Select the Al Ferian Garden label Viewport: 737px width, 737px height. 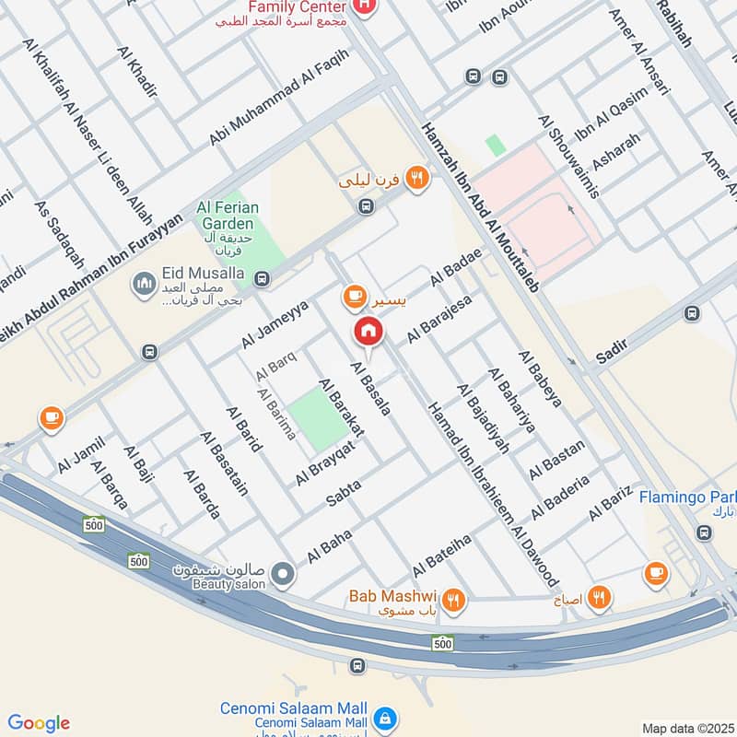coord(225,216)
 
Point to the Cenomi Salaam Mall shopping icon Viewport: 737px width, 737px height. coord(388,718)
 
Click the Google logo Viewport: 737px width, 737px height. coord(39,723)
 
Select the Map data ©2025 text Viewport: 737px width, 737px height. coord(686,728)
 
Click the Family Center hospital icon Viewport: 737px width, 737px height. coord(365,7)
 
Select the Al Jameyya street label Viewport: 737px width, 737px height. coord(274,325)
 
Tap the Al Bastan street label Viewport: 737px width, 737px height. coord(556,460)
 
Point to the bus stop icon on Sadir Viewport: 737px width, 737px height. coord(692,314)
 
